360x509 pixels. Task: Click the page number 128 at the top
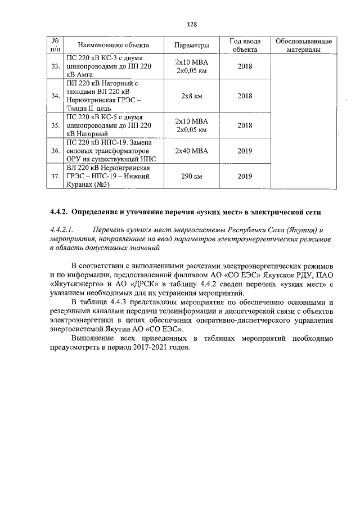(x=191, y=24)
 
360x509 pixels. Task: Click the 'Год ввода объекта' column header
(x=245, y=45)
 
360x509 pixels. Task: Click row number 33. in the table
(x=55, y=67)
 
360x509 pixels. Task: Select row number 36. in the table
(x=55, y=151)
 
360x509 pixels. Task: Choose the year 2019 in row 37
(x=245, y=177)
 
